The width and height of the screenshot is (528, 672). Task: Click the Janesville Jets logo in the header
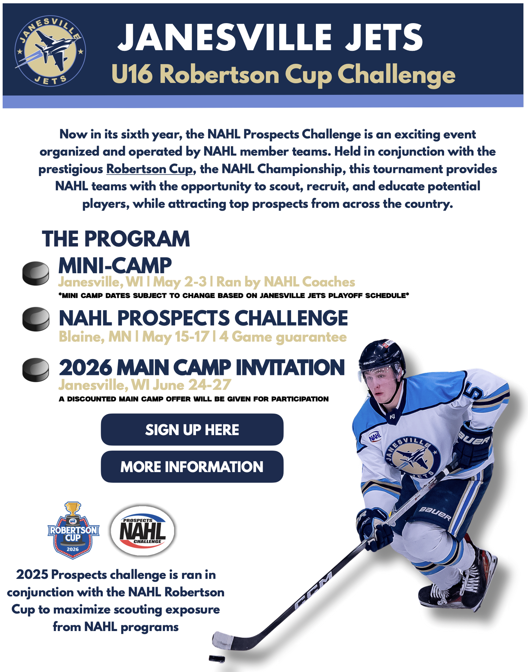point(50,51)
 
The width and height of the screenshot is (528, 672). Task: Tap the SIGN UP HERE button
point(192,429)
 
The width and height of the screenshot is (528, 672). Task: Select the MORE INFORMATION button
point(192,467)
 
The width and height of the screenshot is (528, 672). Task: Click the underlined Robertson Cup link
point(150,169)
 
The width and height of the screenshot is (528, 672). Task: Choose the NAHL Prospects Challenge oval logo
point(143,531)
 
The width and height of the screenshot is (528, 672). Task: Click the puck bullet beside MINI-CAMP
point(36,274)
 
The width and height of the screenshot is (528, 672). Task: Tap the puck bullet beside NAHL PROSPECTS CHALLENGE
point(36,319)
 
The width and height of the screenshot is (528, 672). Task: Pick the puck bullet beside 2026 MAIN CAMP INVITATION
point(36,370)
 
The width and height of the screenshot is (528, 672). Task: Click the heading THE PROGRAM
point(116,239)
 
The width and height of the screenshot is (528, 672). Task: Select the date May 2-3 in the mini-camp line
point(180,282)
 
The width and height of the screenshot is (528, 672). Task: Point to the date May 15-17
point(176,337)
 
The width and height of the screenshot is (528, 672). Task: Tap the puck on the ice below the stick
point(217,659)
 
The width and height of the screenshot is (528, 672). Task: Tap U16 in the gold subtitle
point(132,74)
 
